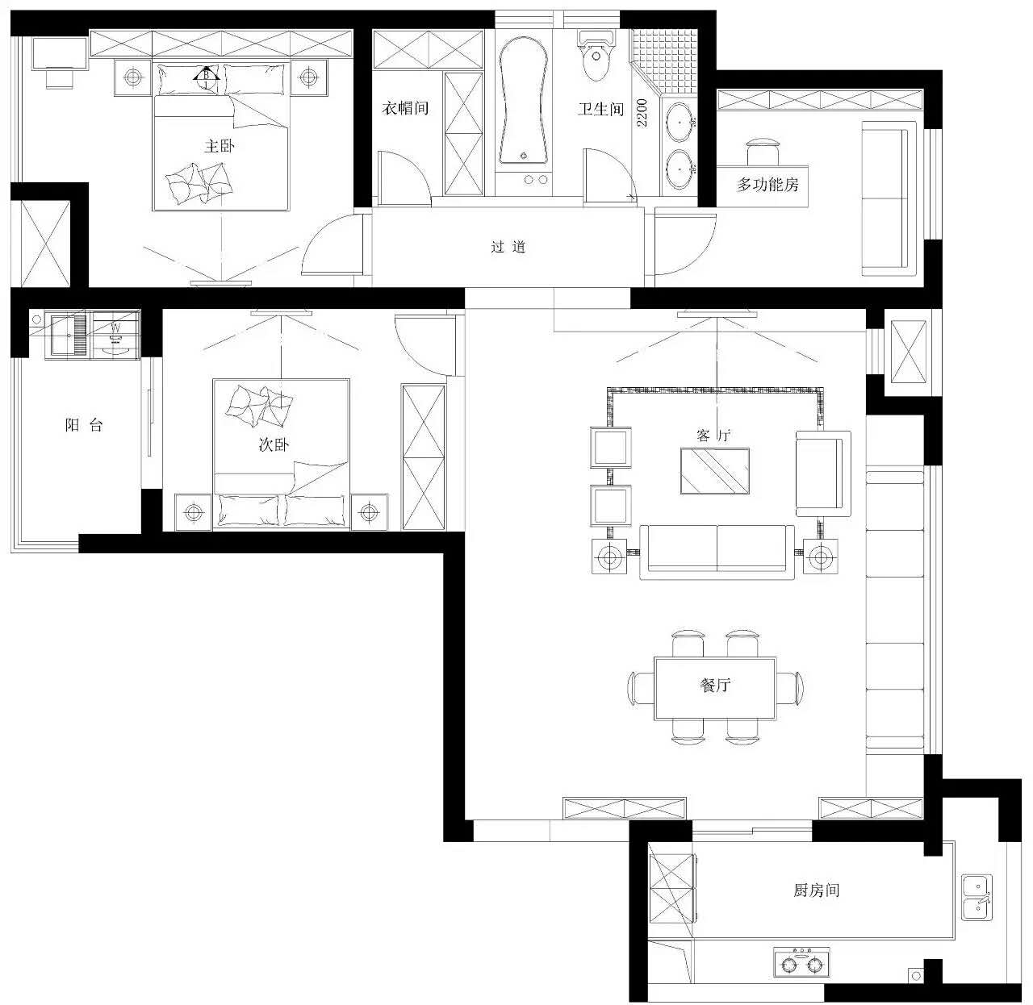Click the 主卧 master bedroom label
220,146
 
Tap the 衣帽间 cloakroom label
406,108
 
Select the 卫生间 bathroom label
601,110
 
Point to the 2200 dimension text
642,112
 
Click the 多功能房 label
767,185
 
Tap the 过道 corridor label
508,247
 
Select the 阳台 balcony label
84,424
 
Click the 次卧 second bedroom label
274,444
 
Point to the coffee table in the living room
715,471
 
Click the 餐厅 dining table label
715,685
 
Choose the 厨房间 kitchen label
817,890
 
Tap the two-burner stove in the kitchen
801,961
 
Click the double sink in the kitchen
977,897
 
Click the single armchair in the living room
823,473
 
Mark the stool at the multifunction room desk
763,152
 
